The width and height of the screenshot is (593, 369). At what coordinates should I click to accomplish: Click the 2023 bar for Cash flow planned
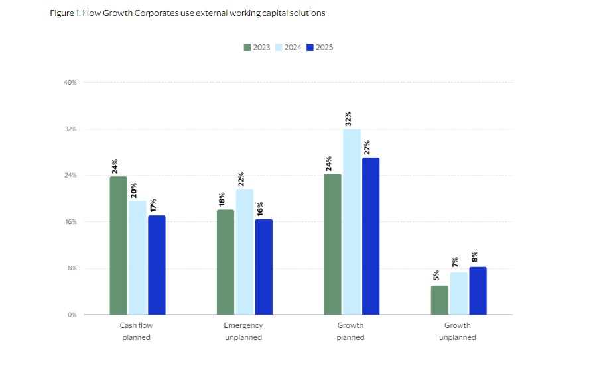pyautogui.click(x=119, y=245)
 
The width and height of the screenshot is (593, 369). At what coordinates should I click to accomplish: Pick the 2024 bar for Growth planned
pyautogui.click(x=352, y=221)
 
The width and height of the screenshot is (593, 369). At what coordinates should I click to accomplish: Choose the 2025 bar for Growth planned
pyautogui.click(x=371, y=236)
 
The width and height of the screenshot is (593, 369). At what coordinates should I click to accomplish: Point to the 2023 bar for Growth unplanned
pyautogui.click(x=440, y=299)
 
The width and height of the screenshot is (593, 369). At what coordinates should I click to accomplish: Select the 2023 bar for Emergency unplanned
pyautogui.click(x=226, y=262)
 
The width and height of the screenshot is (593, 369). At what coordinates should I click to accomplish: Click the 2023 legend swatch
pyautogui.click(x=247, y=47)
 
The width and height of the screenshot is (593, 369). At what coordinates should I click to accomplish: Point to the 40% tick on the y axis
pyautogui.click(x=70, y=83)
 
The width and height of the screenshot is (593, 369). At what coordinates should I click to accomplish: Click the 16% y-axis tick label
pyautogui.click(x=70, y=222)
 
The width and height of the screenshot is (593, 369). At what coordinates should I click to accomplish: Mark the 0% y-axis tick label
pyautogui.click(x=72, y=315)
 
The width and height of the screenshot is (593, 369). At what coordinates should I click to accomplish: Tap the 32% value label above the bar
pyautogui.click(x=348, y=118)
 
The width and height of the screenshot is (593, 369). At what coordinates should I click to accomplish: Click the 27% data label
pyautogui.click(x=367, y=147)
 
